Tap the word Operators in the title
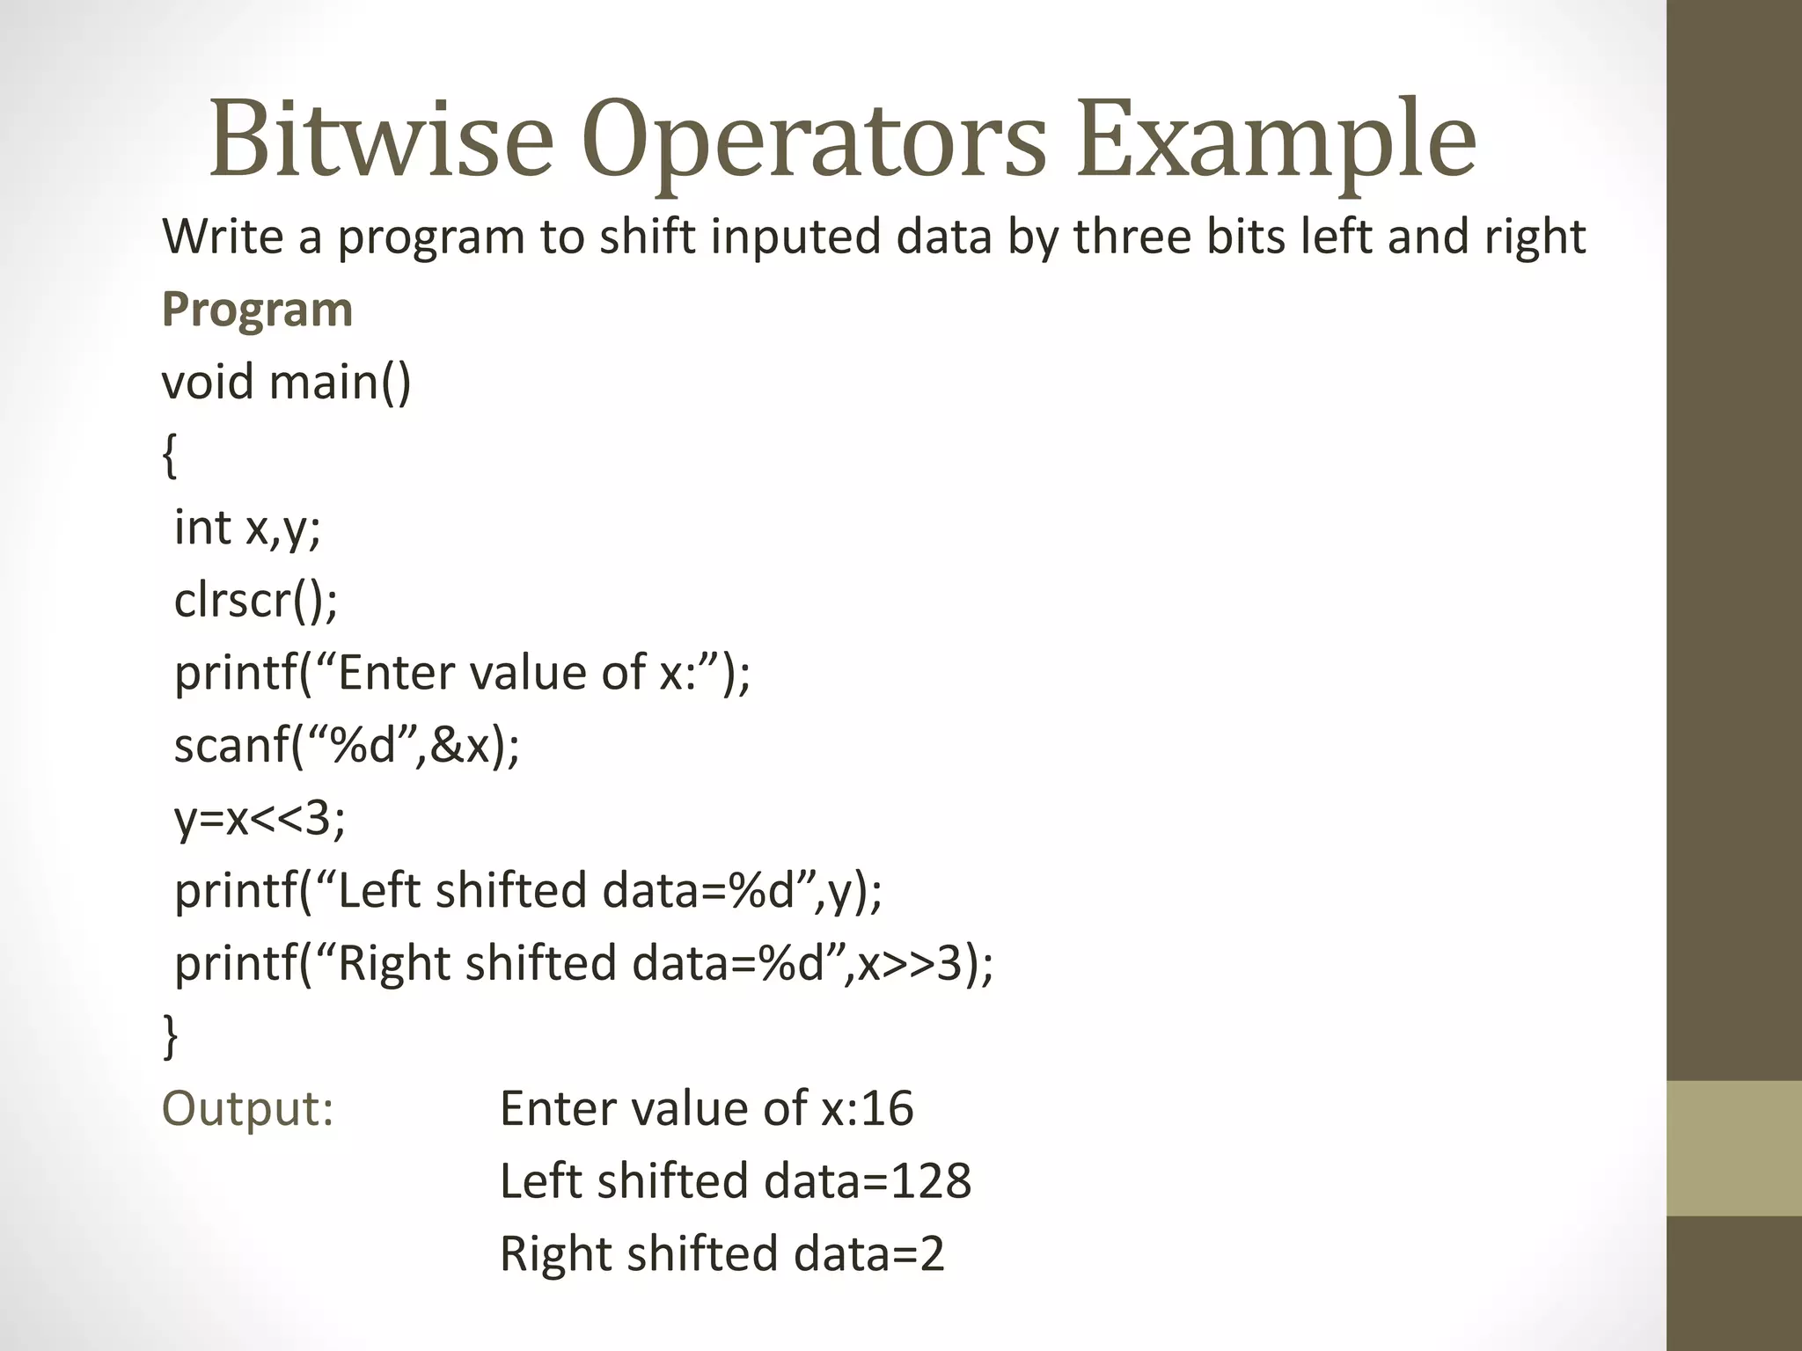click(x=814, y=141)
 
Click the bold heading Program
click(x=257, y=310)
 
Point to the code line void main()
click(x=286, y=383)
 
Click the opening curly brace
click(x=170, y=456)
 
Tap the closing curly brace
click(x=170, y=1035)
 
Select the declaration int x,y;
click(x=247, y=528)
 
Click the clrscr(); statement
click(x=255, y=601)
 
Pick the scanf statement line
click(x=347, y=746)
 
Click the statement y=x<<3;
click(x=260, y=818)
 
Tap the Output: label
click(x=247, y=1108)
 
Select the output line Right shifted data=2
click(x=722, y=1253)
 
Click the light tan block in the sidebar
click(x=1733, y=1148)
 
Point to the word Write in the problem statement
click(x=223, y=237)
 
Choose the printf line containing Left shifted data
click(x=528, y=891)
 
